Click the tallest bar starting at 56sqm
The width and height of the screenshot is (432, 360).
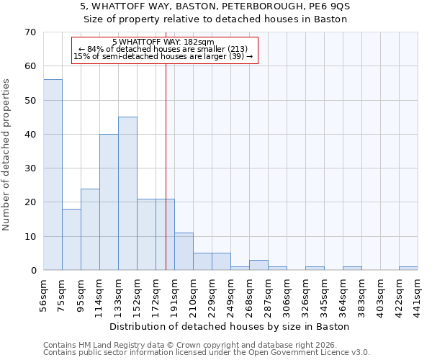[x=53, y=175]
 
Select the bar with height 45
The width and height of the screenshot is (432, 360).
[x=127, y=194]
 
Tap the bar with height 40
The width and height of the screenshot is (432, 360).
[x=109, y=202]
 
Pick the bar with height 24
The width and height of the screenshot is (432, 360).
[x=90, y=230]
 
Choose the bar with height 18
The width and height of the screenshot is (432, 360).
[x=71, y=240]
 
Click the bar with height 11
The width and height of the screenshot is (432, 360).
[x=184, y=252]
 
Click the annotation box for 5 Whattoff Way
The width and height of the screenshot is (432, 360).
[x=164, y=50]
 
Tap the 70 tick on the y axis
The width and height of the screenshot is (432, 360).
[x=30, y=32]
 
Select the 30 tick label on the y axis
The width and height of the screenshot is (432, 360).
[x=30, y=168]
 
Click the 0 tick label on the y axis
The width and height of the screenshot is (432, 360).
[x=32, y=271]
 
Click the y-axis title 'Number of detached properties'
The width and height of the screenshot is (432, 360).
[x=7, y=155]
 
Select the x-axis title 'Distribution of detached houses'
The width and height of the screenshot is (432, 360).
[x=230, y=326]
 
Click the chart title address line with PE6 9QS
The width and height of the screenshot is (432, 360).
[x=215, y=6]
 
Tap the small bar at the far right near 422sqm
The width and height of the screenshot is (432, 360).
[x=408, y=269]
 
